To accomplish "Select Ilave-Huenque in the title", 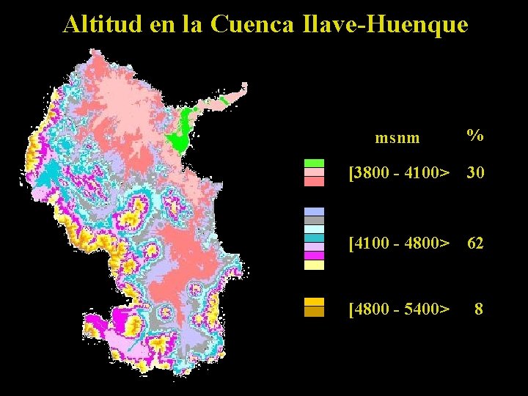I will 384,24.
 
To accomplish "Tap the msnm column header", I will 397,137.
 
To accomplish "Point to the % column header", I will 475,136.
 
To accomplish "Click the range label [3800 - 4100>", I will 400,173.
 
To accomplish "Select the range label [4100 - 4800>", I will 400,242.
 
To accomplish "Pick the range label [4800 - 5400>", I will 400,309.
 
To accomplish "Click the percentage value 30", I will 475,173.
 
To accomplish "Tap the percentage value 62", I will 475,243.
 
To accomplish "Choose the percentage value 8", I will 479,309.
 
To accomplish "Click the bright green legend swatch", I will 314,164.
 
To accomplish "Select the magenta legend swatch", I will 314,256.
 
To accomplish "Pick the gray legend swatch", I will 314,220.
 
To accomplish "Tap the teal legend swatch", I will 314,238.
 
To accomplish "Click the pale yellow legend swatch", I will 314,265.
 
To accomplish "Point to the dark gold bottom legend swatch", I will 314,312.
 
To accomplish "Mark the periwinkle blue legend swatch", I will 314,211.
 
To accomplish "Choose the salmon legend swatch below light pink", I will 314,181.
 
